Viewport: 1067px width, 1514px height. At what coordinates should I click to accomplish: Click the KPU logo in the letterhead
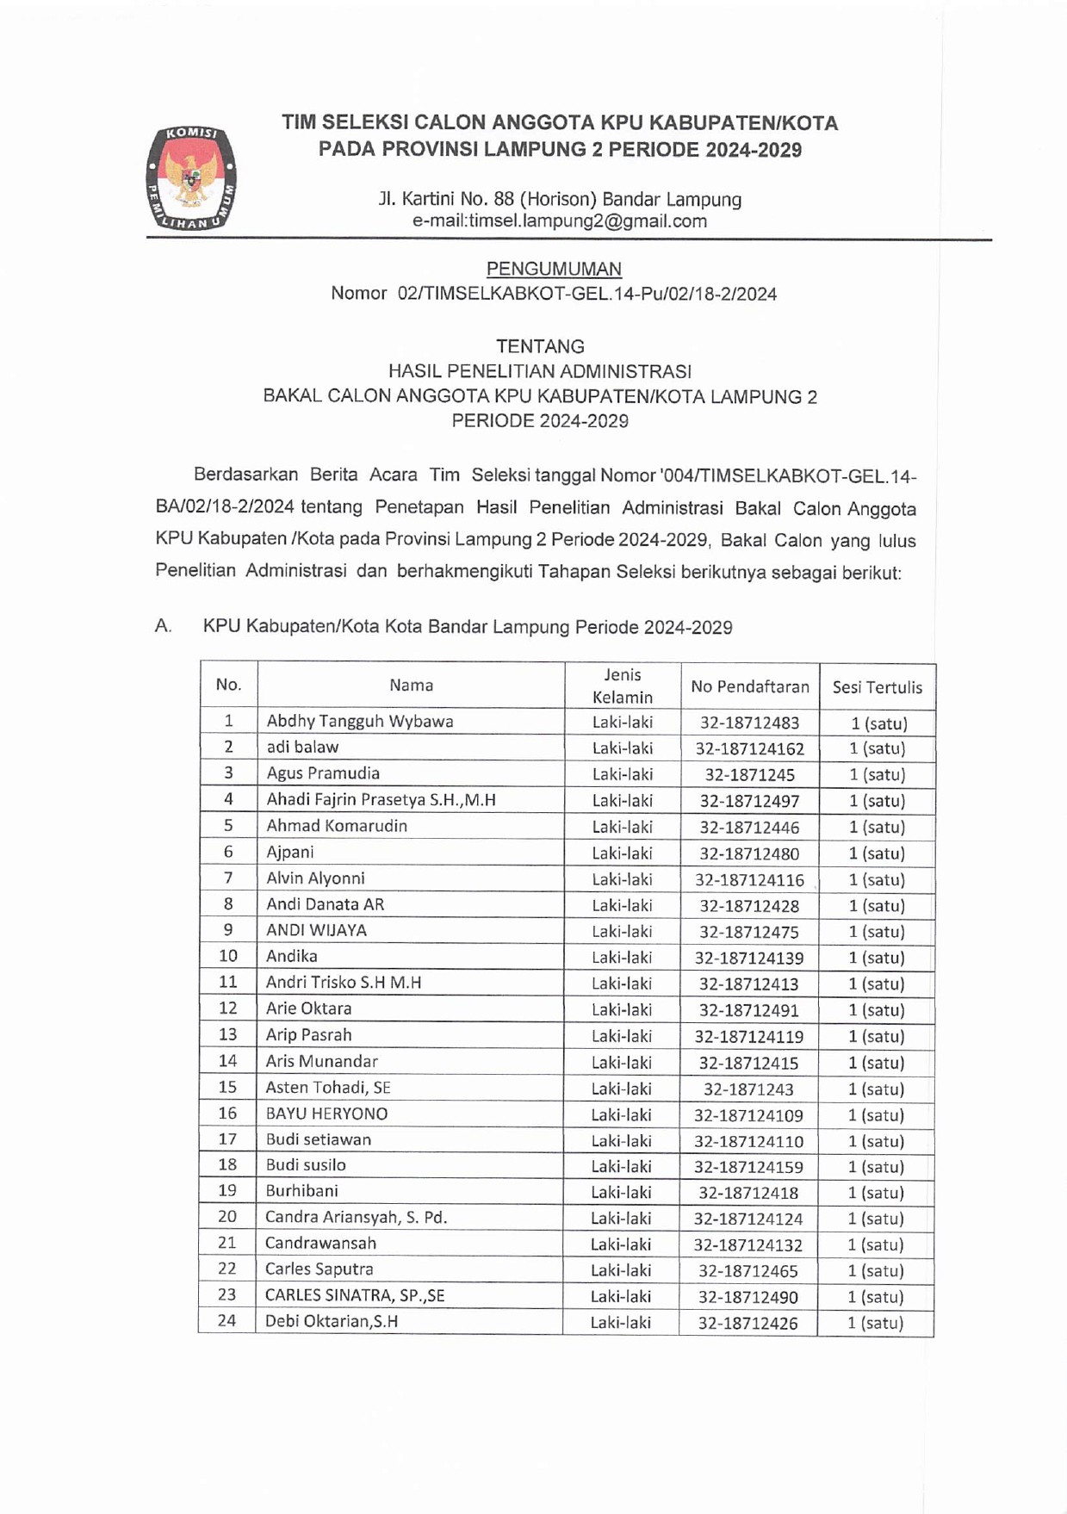pos(191,178)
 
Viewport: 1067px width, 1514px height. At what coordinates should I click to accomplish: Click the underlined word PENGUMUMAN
pos(554,269)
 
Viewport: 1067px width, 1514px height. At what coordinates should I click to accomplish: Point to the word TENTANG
pos(540,346)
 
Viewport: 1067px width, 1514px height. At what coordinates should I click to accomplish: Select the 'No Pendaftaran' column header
pos(749,686)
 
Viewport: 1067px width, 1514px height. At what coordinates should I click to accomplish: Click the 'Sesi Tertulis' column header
pos(877,687)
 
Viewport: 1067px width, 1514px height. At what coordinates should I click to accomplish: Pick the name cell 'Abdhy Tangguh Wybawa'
pos(359,721)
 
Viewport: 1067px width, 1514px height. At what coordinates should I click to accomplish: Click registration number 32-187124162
pos(749,748)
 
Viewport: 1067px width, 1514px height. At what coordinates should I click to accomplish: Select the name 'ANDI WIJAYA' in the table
pos(316,930)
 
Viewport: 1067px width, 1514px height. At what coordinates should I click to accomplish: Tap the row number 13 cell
pos(227,1034)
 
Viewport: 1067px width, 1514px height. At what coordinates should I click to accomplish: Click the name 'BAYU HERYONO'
pos(326,1114)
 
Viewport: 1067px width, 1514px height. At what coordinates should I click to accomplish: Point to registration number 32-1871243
pos(748,1089)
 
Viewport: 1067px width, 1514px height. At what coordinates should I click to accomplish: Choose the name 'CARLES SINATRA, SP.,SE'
pos(355,1295)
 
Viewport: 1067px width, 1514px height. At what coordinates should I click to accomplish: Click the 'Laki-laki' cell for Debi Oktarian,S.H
pos(620,1322)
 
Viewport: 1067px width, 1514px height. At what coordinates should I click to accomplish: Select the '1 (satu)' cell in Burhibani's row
pos(876,1193)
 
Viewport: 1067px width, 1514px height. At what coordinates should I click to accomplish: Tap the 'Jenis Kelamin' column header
pos(623,686)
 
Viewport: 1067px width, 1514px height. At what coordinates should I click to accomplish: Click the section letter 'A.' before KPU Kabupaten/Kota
pos(163,626)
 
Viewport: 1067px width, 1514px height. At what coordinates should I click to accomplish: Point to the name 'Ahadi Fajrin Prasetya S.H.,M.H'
pos(381,799)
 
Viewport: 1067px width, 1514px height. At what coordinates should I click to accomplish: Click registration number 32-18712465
pos(748,1271)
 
